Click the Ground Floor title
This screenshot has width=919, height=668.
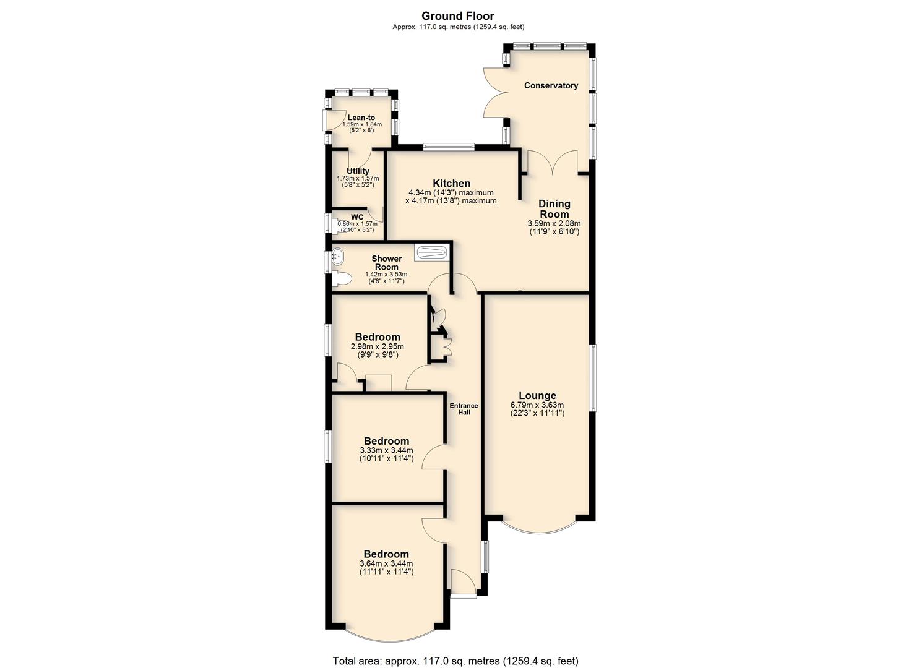[457, 16]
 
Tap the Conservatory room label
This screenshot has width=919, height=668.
[551, 85]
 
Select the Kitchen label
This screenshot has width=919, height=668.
[451, 183]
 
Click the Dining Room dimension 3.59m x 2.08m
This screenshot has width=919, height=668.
[554, 223]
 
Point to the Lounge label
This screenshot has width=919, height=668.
[537, 395]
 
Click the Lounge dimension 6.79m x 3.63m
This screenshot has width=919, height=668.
[537, 405]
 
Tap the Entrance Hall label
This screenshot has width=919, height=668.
[464, 409]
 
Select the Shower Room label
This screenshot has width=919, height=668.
[386, 262]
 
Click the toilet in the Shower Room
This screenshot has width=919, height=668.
[342, 279]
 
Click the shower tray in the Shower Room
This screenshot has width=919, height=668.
[431, 252]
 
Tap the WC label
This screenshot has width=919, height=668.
[357, 217]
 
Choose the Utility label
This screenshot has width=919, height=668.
[358, 171]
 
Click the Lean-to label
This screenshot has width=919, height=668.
[361, 118]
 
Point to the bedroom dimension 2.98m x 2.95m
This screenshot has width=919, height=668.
[378, 346]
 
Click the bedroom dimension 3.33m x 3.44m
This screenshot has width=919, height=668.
[386, 450]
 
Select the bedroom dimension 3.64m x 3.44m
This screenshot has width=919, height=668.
[386, 563]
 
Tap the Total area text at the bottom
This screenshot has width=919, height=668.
[455, 649]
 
